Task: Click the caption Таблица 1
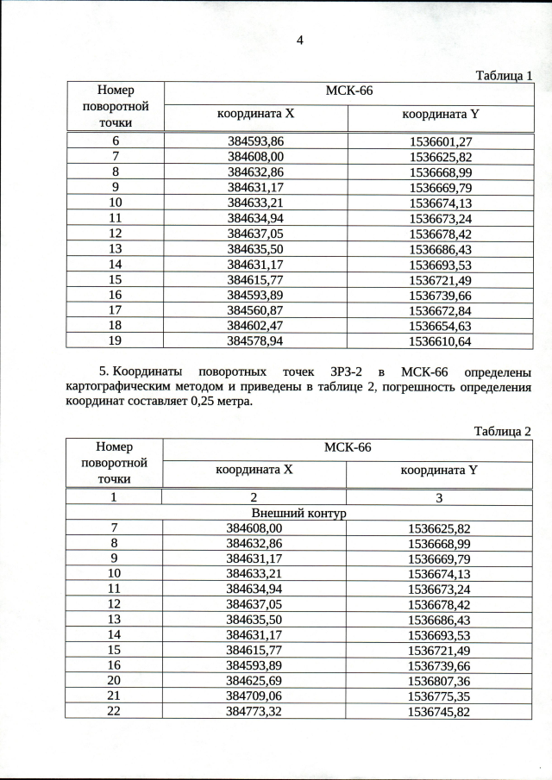(x=505, y=75)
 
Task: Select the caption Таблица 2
(x=503, y=430)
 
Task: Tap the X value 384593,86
(x=255, y=141)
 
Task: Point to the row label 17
(x=115, y=310)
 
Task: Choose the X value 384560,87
(x=255, y=310)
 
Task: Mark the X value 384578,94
(x=255, y=341)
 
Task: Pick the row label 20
(x=115, y=682)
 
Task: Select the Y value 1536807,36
(x=440, y=682)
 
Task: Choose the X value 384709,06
(x=254, y=696)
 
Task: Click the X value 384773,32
(x=254, y=712)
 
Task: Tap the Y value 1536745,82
(x=440, y=712)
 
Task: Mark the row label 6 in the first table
(x=115, y=141)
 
